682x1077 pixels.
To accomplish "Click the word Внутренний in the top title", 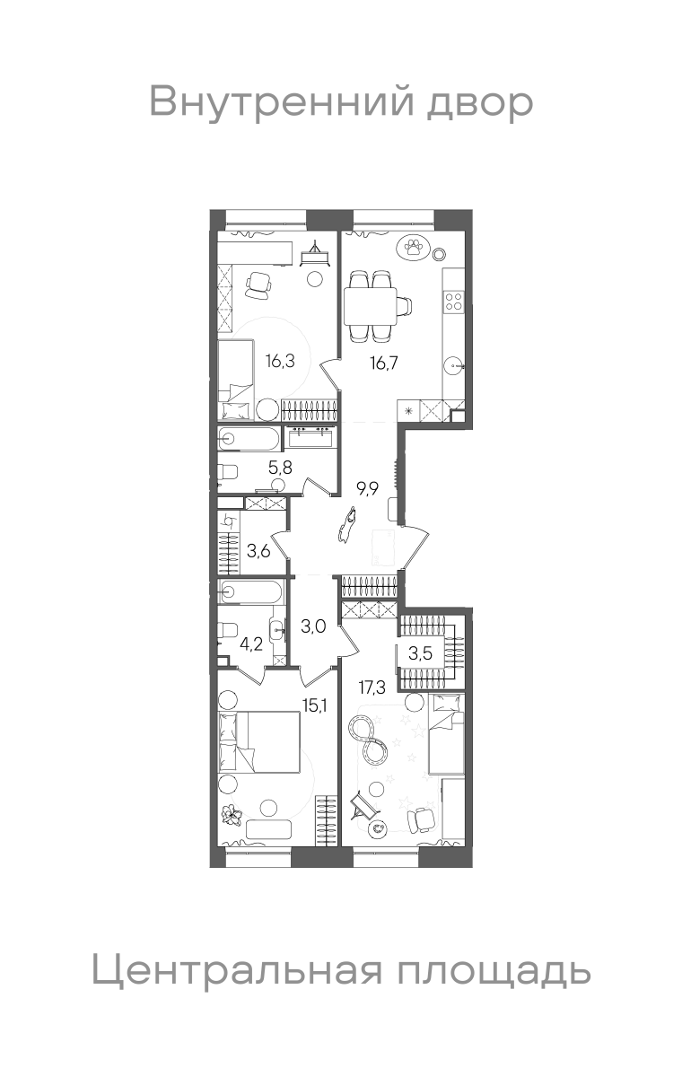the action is (x=282, y=101).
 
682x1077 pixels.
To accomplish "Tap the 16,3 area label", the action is (x=280, y=360).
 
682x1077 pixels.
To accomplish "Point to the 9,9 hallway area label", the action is (x=367, y=489).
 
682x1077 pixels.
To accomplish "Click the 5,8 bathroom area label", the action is (x=281, y=467).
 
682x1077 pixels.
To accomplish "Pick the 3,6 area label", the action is (x=258, y=550).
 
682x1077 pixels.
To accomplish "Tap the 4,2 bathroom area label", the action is (x=251, y=644).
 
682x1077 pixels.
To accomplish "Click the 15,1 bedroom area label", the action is (x=315, y=705).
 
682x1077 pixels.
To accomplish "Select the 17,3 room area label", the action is (x=372, y=688).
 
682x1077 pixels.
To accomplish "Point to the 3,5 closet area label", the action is (x=421, y=654).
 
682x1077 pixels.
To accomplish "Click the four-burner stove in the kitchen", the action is (x=454, y=301).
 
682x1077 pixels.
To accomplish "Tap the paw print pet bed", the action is (x=413, y=248).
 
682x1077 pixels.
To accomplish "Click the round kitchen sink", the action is (x=454, y=366).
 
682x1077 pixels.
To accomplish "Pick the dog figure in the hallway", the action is (x=347, y=525).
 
